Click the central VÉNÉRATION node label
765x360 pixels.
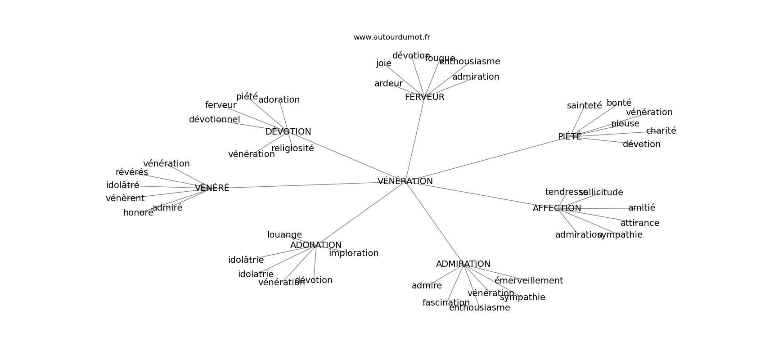click(405, 181)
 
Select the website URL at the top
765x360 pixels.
click(391, 37)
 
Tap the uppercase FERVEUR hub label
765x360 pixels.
click(424, 97)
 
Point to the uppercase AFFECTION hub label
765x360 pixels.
click(557, 208)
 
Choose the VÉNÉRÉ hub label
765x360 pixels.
click(212, 188)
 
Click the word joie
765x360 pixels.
click(383, 63)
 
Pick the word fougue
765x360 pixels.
click(440, 58)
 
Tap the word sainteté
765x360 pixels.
click(584, 106)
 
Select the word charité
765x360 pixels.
click(661, 131)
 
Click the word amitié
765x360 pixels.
click(641, 208)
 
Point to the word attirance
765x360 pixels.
click(639, 223)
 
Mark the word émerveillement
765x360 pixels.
click(528, 281)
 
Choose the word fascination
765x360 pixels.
click(445, 303)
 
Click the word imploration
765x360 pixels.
click(353, 253)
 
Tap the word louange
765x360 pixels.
click(284, 235)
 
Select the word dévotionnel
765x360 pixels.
click(214, 120)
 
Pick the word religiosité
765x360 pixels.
click(292, 148)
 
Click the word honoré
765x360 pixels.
click(138, 213)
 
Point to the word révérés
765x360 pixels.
click(131, 172)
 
